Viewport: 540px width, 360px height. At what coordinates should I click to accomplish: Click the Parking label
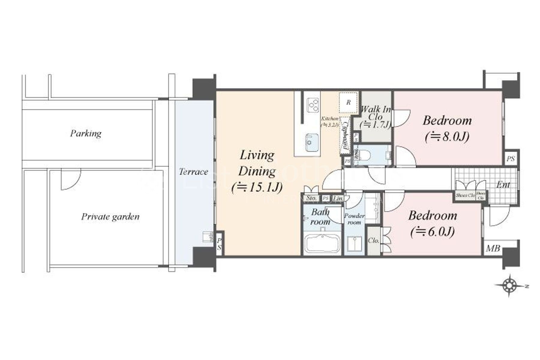coord(86,133)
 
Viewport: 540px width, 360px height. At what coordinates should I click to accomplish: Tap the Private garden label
coord(110,217)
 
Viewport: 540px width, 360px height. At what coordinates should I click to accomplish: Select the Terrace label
coord(193,172)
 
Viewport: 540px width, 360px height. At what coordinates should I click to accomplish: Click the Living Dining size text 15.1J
coord(257,187)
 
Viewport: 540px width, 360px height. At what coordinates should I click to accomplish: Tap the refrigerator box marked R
coord(348,102)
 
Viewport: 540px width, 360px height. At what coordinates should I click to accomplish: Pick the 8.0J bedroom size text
coord(447,137)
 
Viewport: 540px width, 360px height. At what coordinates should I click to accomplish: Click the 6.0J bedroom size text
coord(432,232)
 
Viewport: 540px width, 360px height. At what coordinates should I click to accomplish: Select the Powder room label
coord(354,219)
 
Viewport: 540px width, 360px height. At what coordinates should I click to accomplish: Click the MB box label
coord(493,248)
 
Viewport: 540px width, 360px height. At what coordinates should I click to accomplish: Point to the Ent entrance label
coord(503,184)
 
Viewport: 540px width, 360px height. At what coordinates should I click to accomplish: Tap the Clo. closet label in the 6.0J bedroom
coord(373,241)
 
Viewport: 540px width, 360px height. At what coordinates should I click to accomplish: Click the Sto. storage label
coord(311,198)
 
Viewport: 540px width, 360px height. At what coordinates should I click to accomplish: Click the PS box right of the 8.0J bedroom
coord(511,159)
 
